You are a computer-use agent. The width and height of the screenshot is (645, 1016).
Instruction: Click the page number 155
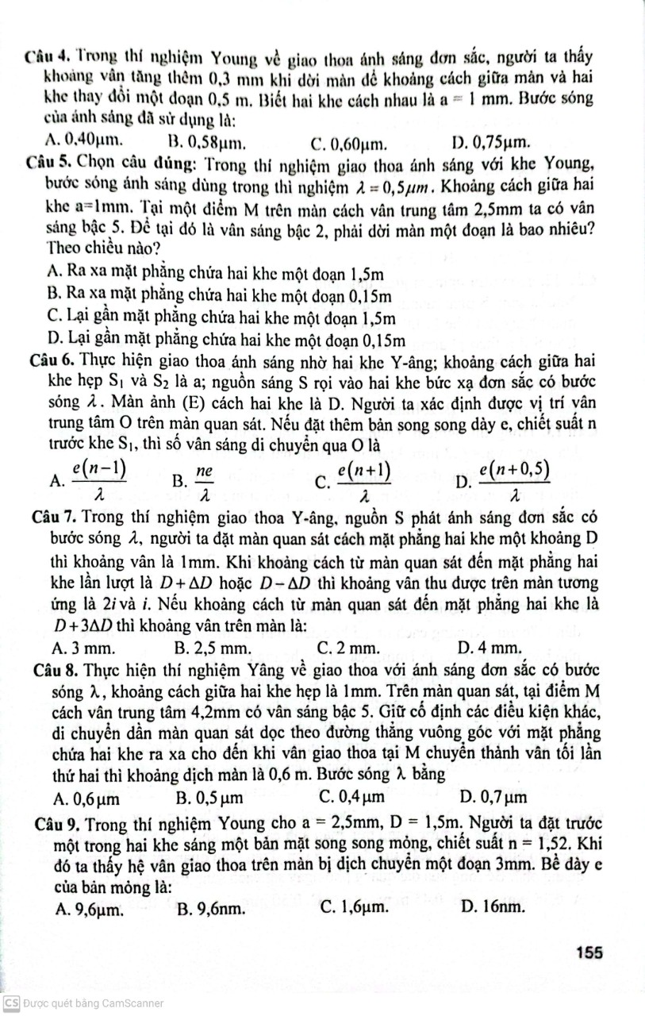(x=592, y=952)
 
